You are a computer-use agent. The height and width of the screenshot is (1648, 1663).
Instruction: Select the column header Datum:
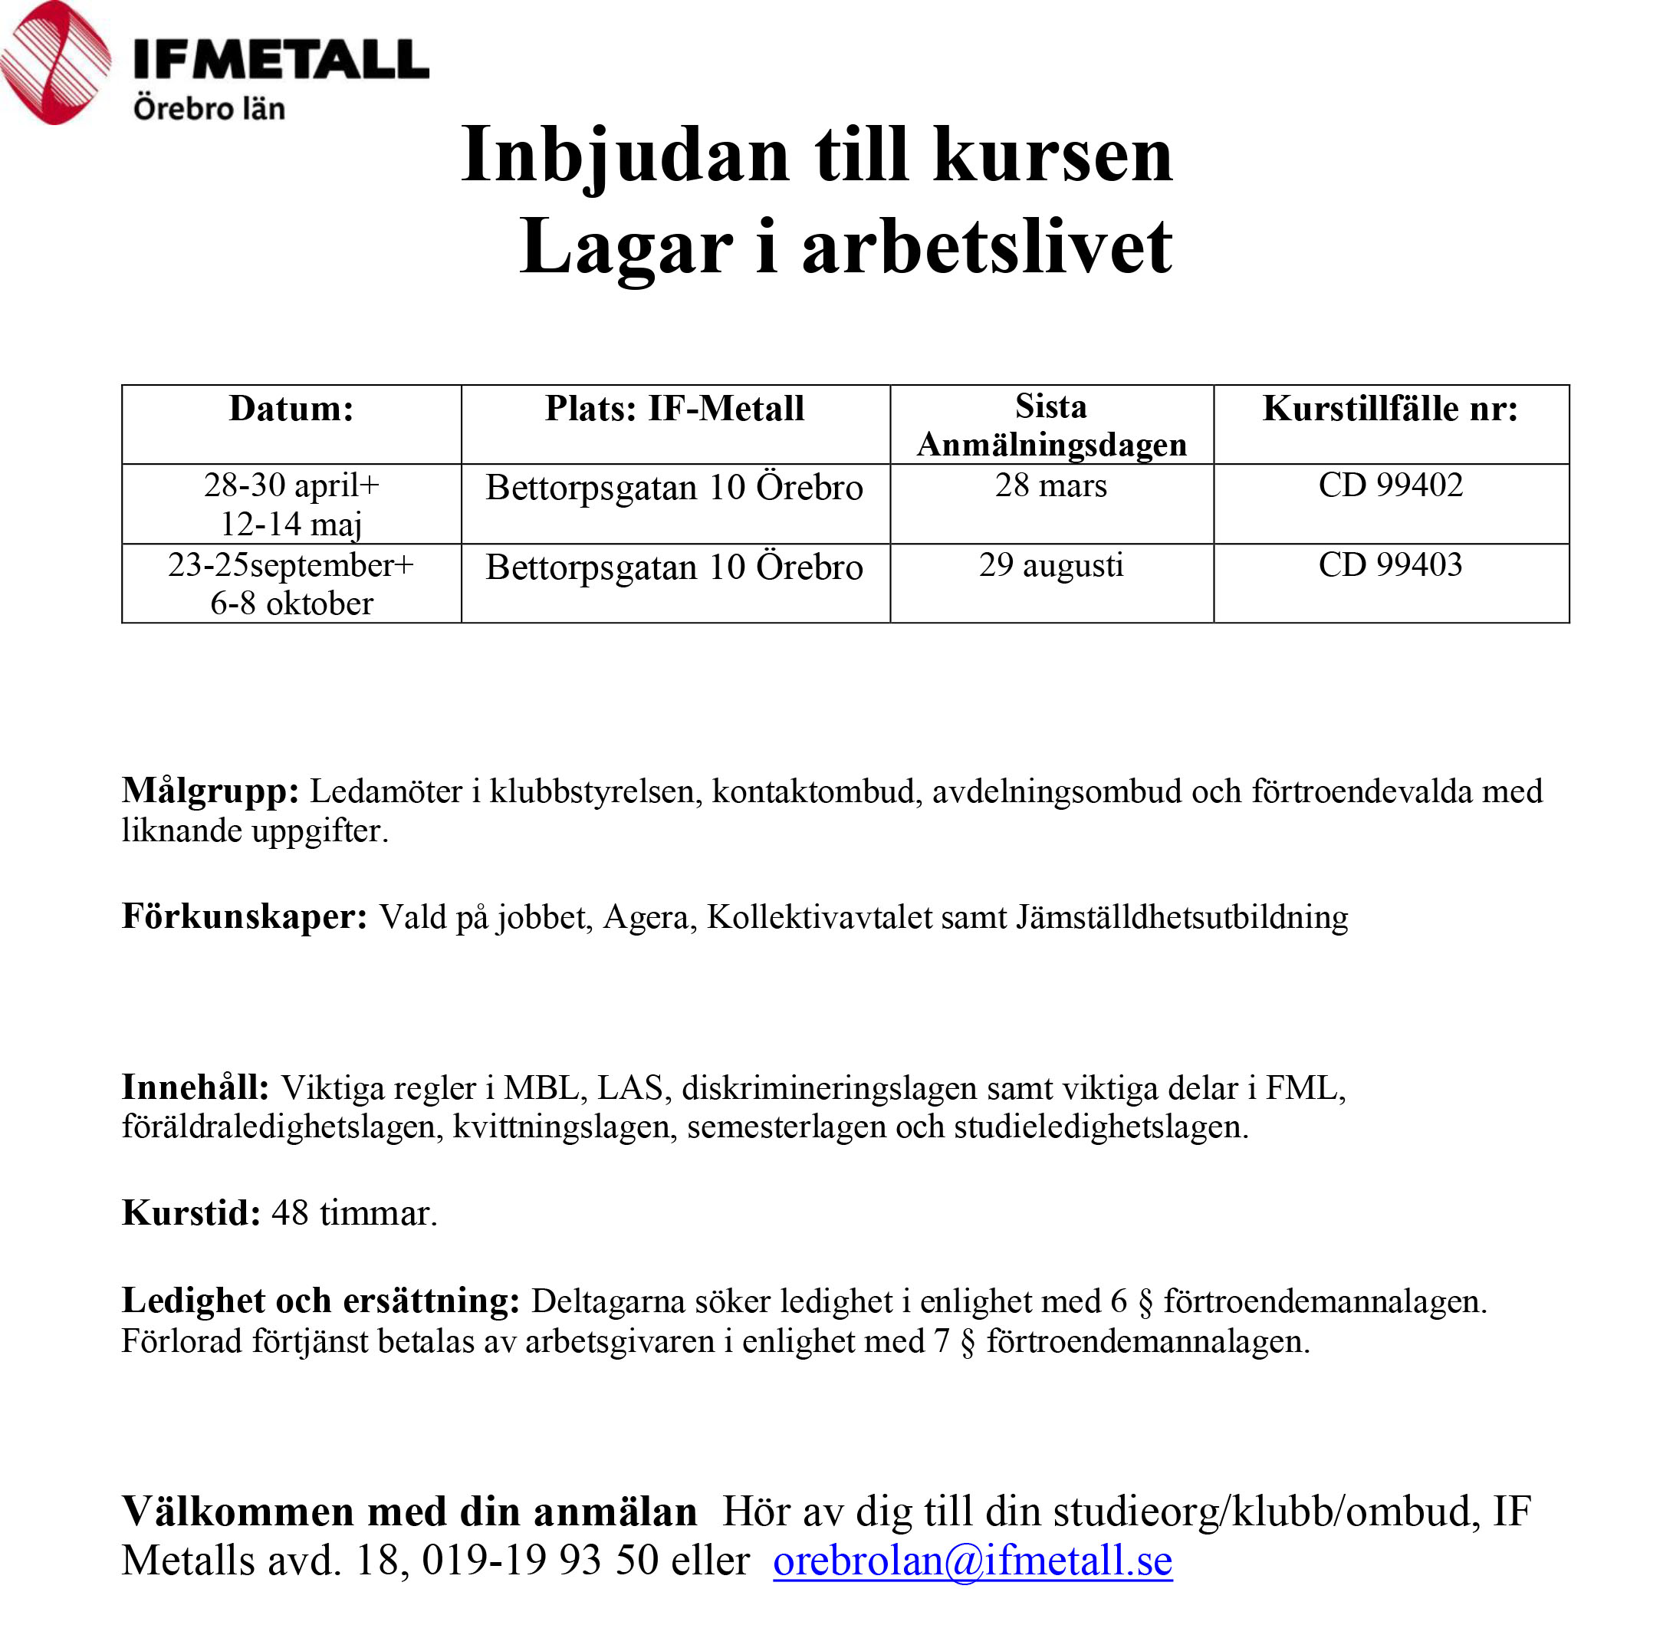pos(291,409)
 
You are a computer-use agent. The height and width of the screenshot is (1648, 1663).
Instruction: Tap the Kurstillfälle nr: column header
pos(1389,409)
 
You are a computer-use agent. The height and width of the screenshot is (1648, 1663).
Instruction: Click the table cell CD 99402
pos(1390,485)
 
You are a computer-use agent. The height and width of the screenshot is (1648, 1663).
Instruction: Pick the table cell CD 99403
pos(1390,566)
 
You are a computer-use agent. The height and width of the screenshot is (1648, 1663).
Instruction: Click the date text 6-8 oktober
pos(291,604)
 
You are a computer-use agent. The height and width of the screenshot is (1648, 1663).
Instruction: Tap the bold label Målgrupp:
pos(210,791)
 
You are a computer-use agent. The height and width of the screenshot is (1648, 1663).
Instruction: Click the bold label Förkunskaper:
pos(245,916)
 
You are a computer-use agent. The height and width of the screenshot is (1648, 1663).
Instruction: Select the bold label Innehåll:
pos(196,1087)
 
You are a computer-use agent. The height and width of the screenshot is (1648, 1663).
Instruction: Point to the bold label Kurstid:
pos(191,1213)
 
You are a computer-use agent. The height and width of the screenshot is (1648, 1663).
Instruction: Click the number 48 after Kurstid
pos(290,1213)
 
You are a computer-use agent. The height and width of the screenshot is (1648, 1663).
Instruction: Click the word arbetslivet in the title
pos(987,248)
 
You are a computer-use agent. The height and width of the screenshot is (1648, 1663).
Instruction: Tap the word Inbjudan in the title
pos(625,156)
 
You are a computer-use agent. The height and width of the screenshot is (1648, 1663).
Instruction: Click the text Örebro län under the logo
pos(209,110)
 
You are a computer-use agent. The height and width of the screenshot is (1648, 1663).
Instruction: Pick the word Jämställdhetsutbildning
pos(1182,916)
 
